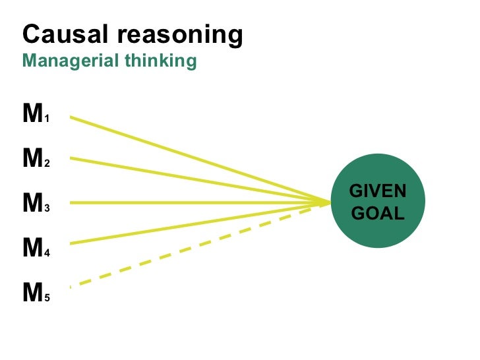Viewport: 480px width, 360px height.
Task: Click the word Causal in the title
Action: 59,34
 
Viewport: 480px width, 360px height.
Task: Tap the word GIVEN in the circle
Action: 378,191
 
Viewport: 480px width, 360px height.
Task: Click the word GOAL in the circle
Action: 378,214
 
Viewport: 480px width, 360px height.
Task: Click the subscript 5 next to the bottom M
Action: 47,298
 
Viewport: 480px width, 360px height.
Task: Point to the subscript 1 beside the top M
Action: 47,120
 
